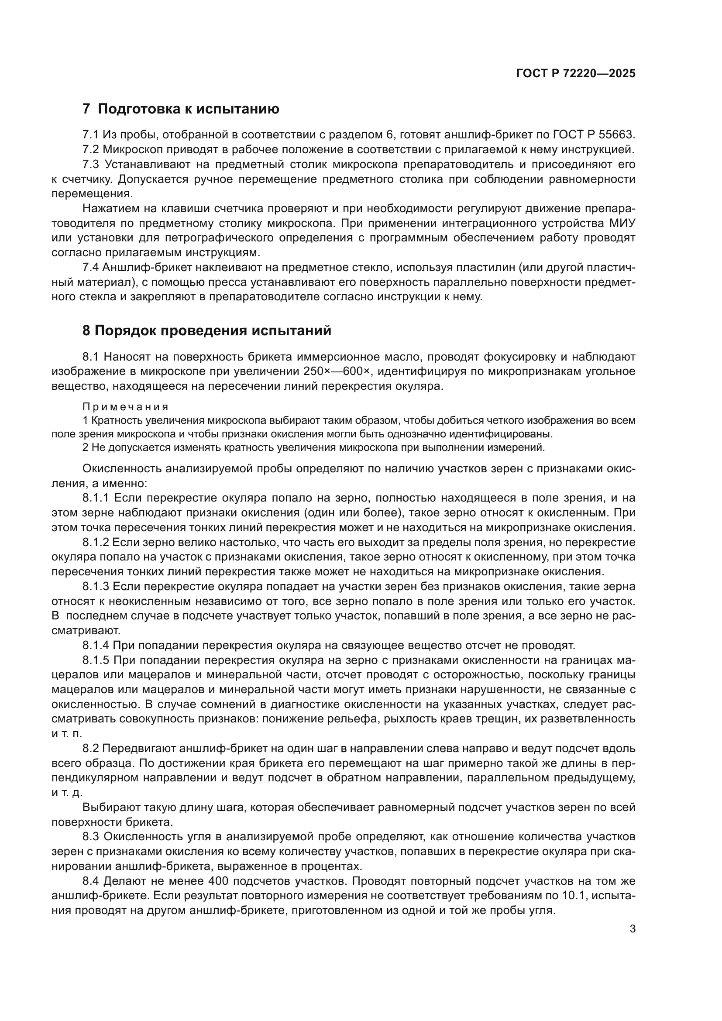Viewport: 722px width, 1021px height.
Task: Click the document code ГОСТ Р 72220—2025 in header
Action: coord(576,74)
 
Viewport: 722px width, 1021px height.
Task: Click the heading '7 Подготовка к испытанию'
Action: coord(181,109)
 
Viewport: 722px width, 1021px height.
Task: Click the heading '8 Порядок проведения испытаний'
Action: coord(207,330)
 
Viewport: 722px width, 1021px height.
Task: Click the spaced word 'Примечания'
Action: coord(125,407)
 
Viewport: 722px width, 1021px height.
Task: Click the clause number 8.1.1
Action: coord(95,498)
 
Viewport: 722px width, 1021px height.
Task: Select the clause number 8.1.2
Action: coord(95,543)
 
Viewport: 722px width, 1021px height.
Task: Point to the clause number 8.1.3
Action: coord(95,587)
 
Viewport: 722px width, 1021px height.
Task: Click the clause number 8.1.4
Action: coord(95,645)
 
